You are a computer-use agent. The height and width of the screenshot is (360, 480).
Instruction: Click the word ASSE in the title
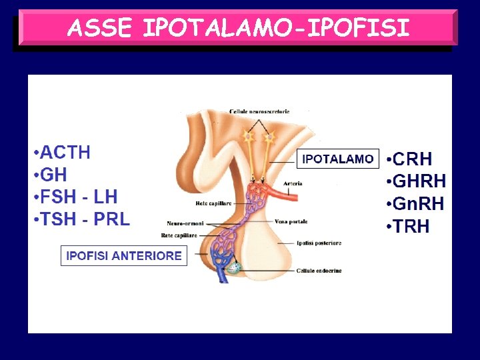(x=102, y=28)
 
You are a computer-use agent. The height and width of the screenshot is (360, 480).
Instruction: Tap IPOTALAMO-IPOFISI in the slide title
(x=275, y=28)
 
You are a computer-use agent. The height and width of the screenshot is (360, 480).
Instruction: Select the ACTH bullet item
(x=64, y=153)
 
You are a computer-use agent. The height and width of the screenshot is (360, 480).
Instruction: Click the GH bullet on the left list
(x=53, y=175)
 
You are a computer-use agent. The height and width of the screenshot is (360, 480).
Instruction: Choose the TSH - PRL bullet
(x=84, y=219)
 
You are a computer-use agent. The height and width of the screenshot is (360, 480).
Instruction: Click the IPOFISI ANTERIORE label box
(x=124, y=256)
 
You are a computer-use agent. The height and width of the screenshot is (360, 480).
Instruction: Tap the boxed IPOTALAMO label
(x=337, y=159)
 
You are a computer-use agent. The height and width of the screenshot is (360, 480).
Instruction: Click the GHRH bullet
(x=419, y=181)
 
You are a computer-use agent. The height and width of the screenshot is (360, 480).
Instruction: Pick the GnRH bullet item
(x=418, y=204)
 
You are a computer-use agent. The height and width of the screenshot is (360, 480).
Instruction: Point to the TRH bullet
(x=410, y=227)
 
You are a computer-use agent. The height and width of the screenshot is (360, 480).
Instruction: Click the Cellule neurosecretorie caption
(x=259, y=111)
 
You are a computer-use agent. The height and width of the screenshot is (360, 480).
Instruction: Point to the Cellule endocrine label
(x=319, y=271)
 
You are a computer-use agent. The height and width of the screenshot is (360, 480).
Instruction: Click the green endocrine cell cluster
(x=233, y=268)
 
